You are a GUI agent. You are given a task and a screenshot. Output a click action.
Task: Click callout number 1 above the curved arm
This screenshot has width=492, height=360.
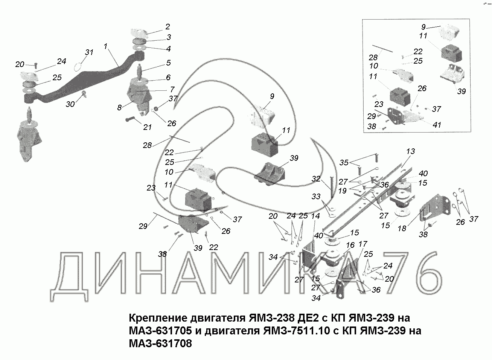105,46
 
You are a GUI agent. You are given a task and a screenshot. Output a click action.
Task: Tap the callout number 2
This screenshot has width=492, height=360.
168,27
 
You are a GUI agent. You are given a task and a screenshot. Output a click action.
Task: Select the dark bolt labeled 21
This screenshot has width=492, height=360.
130,120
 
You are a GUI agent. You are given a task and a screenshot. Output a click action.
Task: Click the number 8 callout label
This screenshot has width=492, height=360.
119,107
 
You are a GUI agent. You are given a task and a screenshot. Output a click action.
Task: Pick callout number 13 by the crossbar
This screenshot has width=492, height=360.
411,151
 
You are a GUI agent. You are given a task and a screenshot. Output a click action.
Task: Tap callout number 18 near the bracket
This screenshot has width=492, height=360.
402,229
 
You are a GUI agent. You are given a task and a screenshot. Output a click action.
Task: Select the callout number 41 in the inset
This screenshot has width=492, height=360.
437,125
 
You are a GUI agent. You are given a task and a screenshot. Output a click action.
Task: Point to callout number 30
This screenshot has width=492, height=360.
70,104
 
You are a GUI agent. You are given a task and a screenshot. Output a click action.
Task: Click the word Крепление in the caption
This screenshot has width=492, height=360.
158,318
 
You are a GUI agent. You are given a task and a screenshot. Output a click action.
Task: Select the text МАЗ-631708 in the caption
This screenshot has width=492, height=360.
160,343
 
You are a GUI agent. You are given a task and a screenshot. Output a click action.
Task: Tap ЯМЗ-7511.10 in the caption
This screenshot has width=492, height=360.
297,331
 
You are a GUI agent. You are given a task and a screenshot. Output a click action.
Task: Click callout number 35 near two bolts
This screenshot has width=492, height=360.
344,162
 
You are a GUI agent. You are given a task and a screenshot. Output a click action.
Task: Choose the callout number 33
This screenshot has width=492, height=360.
316,196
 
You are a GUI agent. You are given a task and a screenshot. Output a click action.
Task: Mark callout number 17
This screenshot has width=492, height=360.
363,244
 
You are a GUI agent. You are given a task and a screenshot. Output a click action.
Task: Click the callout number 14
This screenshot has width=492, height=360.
315,216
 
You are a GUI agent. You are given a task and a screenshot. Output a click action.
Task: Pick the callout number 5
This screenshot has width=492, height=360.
168,63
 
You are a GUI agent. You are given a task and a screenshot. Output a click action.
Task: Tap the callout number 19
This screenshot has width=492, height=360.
342,191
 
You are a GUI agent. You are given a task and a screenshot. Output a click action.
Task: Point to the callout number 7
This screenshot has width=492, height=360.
172,90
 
